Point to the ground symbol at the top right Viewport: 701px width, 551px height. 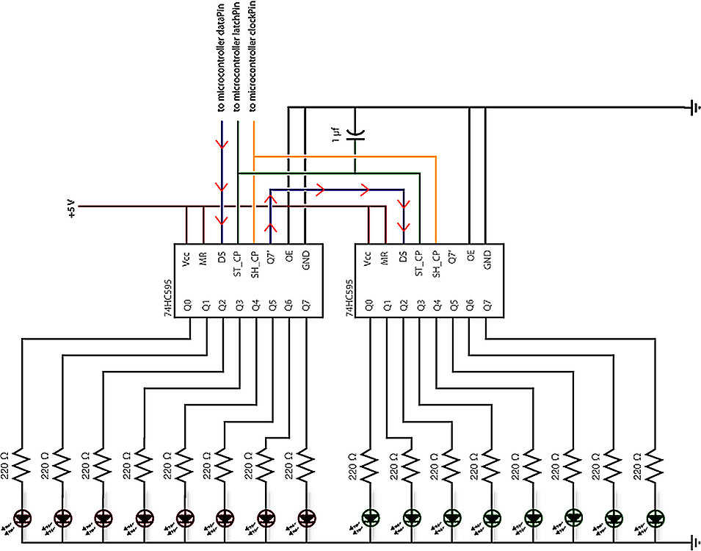coord(693,108)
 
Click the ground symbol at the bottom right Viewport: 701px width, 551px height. coord(693,543)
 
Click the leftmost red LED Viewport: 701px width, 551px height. coord(23,519)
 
